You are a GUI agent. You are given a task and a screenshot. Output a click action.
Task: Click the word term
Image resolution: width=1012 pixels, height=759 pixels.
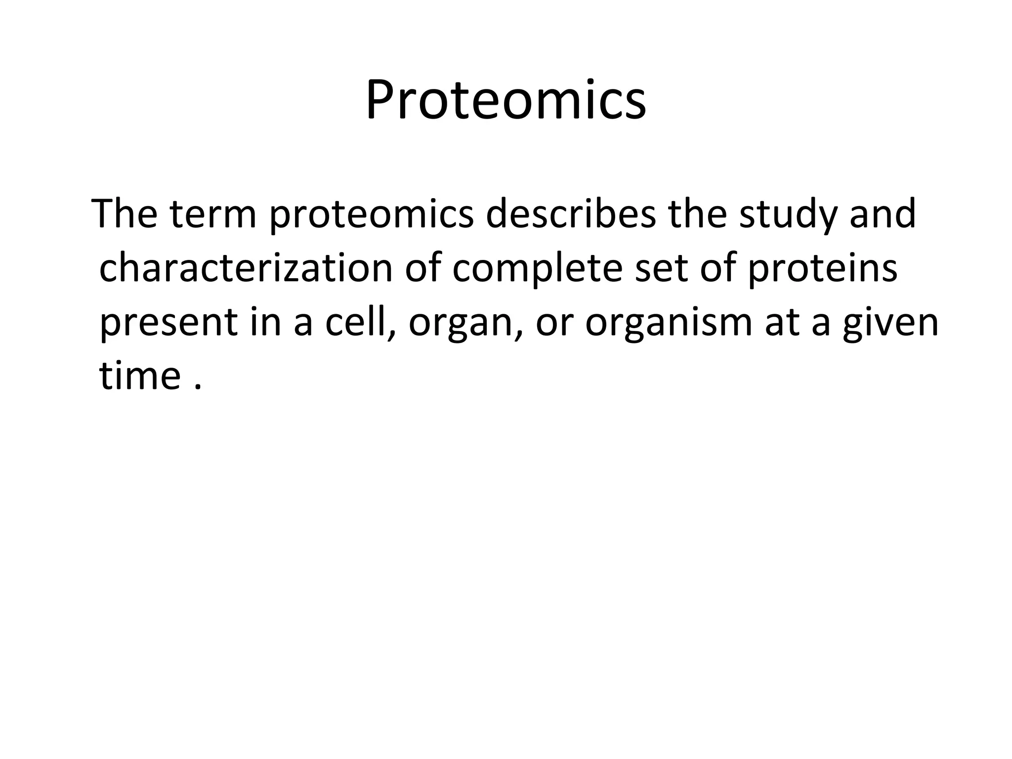click(x=213, y=215)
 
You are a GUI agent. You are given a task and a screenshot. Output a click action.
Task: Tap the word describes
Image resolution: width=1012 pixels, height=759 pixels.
click(x=571, y=215)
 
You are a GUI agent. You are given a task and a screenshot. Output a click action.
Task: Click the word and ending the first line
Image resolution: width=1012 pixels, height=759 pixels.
click(x=883, y=215)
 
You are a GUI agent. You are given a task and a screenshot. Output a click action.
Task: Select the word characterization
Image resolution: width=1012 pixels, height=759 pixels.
click(x=246, y=269)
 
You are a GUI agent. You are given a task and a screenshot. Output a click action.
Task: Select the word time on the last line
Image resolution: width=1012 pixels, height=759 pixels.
click(x=140, y=376)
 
